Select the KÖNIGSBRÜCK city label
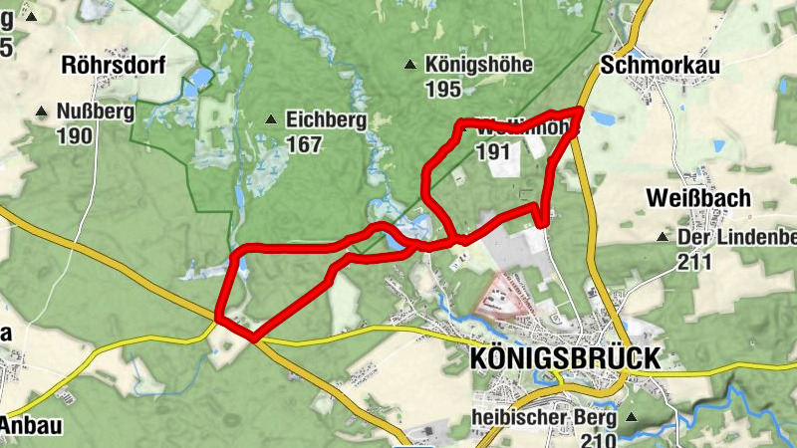pyautogui.click(x=563, y=358)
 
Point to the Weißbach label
pyautogui.click(x=697, y=198)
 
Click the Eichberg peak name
pyautogui.click(x=326, y=120)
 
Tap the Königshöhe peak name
pyautogui.click(x=478, y=66)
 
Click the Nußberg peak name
pyautogui.click(x=96, y=112)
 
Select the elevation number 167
pyautogui.click(x=303, y=145)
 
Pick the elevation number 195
pyautogui.click(x=442, y=91)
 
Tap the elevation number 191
pyautogui.click(x=494, y=152)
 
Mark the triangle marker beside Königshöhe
pyautogui.click(x=409, y=66)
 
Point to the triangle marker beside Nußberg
pyautogui.click(x=41, y=112)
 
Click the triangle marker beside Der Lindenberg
pyautogui.click(x=661, y=238)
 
